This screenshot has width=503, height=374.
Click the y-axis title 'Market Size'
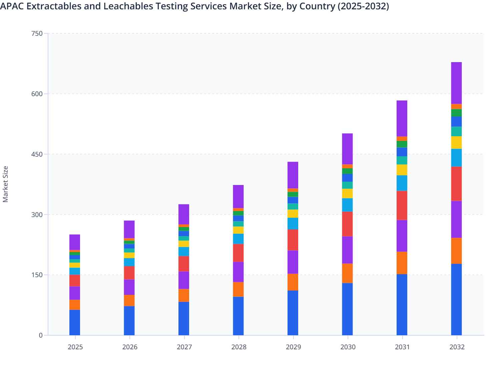tap(5, 184)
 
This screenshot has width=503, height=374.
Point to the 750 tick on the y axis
tap(38, 33)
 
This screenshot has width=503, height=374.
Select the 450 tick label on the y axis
tap(38, 154)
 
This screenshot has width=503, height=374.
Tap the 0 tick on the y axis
tap(41, 335)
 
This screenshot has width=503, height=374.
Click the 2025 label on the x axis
tap(75, 347)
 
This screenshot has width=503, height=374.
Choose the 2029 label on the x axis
tap(293, 347)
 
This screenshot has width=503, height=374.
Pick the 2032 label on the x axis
tap(457, 347)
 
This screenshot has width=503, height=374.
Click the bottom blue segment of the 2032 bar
tap(456, 300)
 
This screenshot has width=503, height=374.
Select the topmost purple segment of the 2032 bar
tap(456, 83)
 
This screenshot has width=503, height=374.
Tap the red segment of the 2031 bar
tap(402, 205)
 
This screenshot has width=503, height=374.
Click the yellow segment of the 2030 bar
tap(347, 193)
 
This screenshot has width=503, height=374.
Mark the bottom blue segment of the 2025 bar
tap(75, 323)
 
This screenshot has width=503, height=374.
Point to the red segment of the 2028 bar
tap(238, 253)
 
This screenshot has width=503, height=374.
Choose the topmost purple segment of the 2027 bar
tap(184, 214)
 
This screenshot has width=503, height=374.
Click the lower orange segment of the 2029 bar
tap(293, 282)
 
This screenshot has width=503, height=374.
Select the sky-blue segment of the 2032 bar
tap(456, 158)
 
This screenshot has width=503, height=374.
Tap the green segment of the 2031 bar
tap(402, 144)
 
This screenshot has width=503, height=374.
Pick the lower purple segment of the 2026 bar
tap(129, 287)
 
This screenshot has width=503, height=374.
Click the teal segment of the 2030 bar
tap(347, 185)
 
